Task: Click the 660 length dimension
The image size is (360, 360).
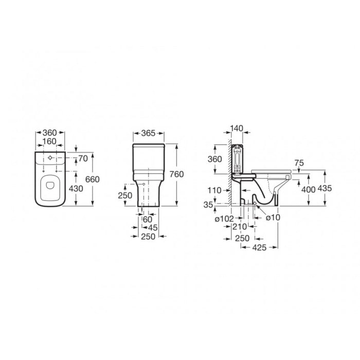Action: pyautogui.click(x=92, y=179)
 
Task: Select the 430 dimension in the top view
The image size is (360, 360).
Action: pyautogui.click(x=76, y=189)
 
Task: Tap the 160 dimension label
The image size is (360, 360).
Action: pyautogui.click(x=49, y=141)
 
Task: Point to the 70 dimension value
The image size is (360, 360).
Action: pyautogui.click(x=83, y=158)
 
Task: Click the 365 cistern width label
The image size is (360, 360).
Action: pyautogui.click(x=148, y=133)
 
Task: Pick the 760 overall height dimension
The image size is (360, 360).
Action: pyautogui.click(x=177, y=174)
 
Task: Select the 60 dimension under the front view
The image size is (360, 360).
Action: pyautogui.click(x=148, y=220)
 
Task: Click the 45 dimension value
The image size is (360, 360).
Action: pyautogui.click(x=153, y=228)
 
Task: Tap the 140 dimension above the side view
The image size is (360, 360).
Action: pyautogui.click(x=237, y=129)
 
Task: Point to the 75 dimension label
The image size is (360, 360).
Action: pyautogui.click(x=299, y=163)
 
